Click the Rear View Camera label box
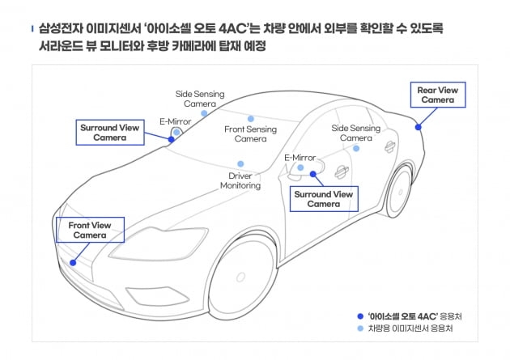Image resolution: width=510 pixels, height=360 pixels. (x=437, y=95)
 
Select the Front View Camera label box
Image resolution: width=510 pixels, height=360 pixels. (x=90, y=230)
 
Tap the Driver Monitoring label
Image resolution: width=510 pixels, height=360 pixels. (x=240, y=180)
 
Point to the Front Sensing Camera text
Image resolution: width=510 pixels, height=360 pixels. (x=250, y=133)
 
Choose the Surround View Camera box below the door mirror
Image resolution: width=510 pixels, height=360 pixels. (x=324, y=199)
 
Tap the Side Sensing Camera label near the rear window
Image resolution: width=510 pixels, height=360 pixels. (x=356, y=133)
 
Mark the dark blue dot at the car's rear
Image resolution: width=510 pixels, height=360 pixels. (x=419, y=126)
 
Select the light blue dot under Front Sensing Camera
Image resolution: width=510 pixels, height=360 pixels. (x=251, y=118)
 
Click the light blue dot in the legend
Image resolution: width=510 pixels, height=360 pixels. (x=359, y=329)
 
